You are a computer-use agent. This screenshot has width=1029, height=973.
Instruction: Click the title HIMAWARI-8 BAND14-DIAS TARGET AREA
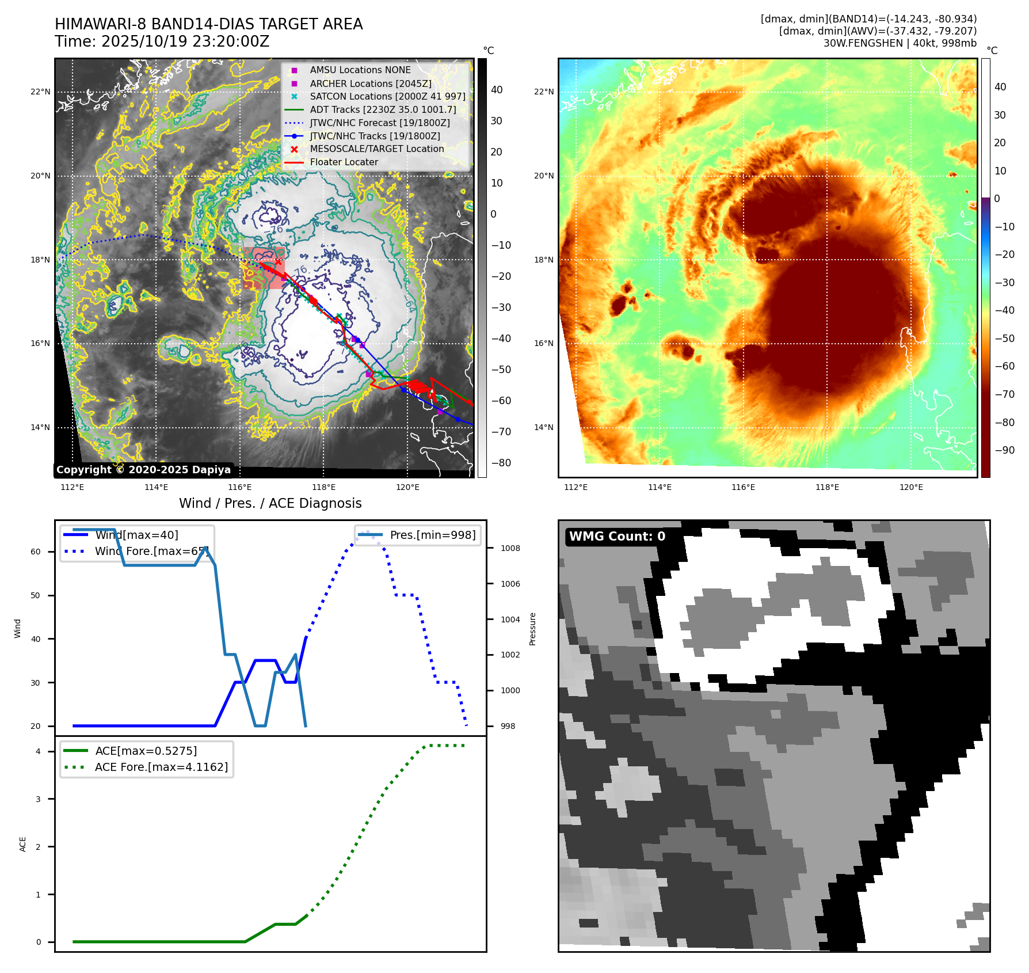coord(208,24)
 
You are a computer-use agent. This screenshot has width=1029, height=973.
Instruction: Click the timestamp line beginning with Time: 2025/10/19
coord(162,41)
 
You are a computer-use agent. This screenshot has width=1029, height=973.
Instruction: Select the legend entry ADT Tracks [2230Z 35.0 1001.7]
coord(382,109)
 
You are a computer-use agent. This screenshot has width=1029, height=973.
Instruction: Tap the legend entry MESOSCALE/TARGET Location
coord(376,149)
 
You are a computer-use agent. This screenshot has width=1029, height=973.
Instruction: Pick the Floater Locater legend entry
coord(344,162)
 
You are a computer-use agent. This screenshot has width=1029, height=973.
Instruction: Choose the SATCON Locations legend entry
coord(387,96)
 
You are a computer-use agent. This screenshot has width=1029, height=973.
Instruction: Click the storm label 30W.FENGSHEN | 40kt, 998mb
coord(900,43)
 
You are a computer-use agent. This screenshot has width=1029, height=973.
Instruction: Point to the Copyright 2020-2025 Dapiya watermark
coord(143,470)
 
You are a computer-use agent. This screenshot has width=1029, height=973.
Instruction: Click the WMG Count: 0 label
coord(617,537)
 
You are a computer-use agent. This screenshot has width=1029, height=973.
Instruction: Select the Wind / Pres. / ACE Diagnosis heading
coord(270,503)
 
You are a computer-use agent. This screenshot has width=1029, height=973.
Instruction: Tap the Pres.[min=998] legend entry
coord(432,535)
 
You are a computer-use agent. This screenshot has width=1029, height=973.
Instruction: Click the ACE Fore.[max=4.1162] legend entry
coord(161,767)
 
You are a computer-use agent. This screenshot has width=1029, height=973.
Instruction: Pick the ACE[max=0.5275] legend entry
coord(146,751)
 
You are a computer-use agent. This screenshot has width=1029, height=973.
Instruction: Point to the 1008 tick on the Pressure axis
coord(510,548)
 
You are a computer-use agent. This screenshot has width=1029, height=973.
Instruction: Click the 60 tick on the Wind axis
coord(36,552)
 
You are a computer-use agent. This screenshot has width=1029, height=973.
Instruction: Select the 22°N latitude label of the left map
coord(40,92)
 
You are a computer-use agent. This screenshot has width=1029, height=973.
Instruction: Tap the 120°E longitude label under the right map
coord(911,487)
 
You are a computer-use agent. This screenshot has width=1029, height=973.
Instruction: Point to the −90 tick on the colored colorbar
coord(1004,450)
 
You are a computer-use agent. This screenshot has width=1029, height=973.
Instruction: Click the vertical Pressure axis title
coord(532,629)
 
